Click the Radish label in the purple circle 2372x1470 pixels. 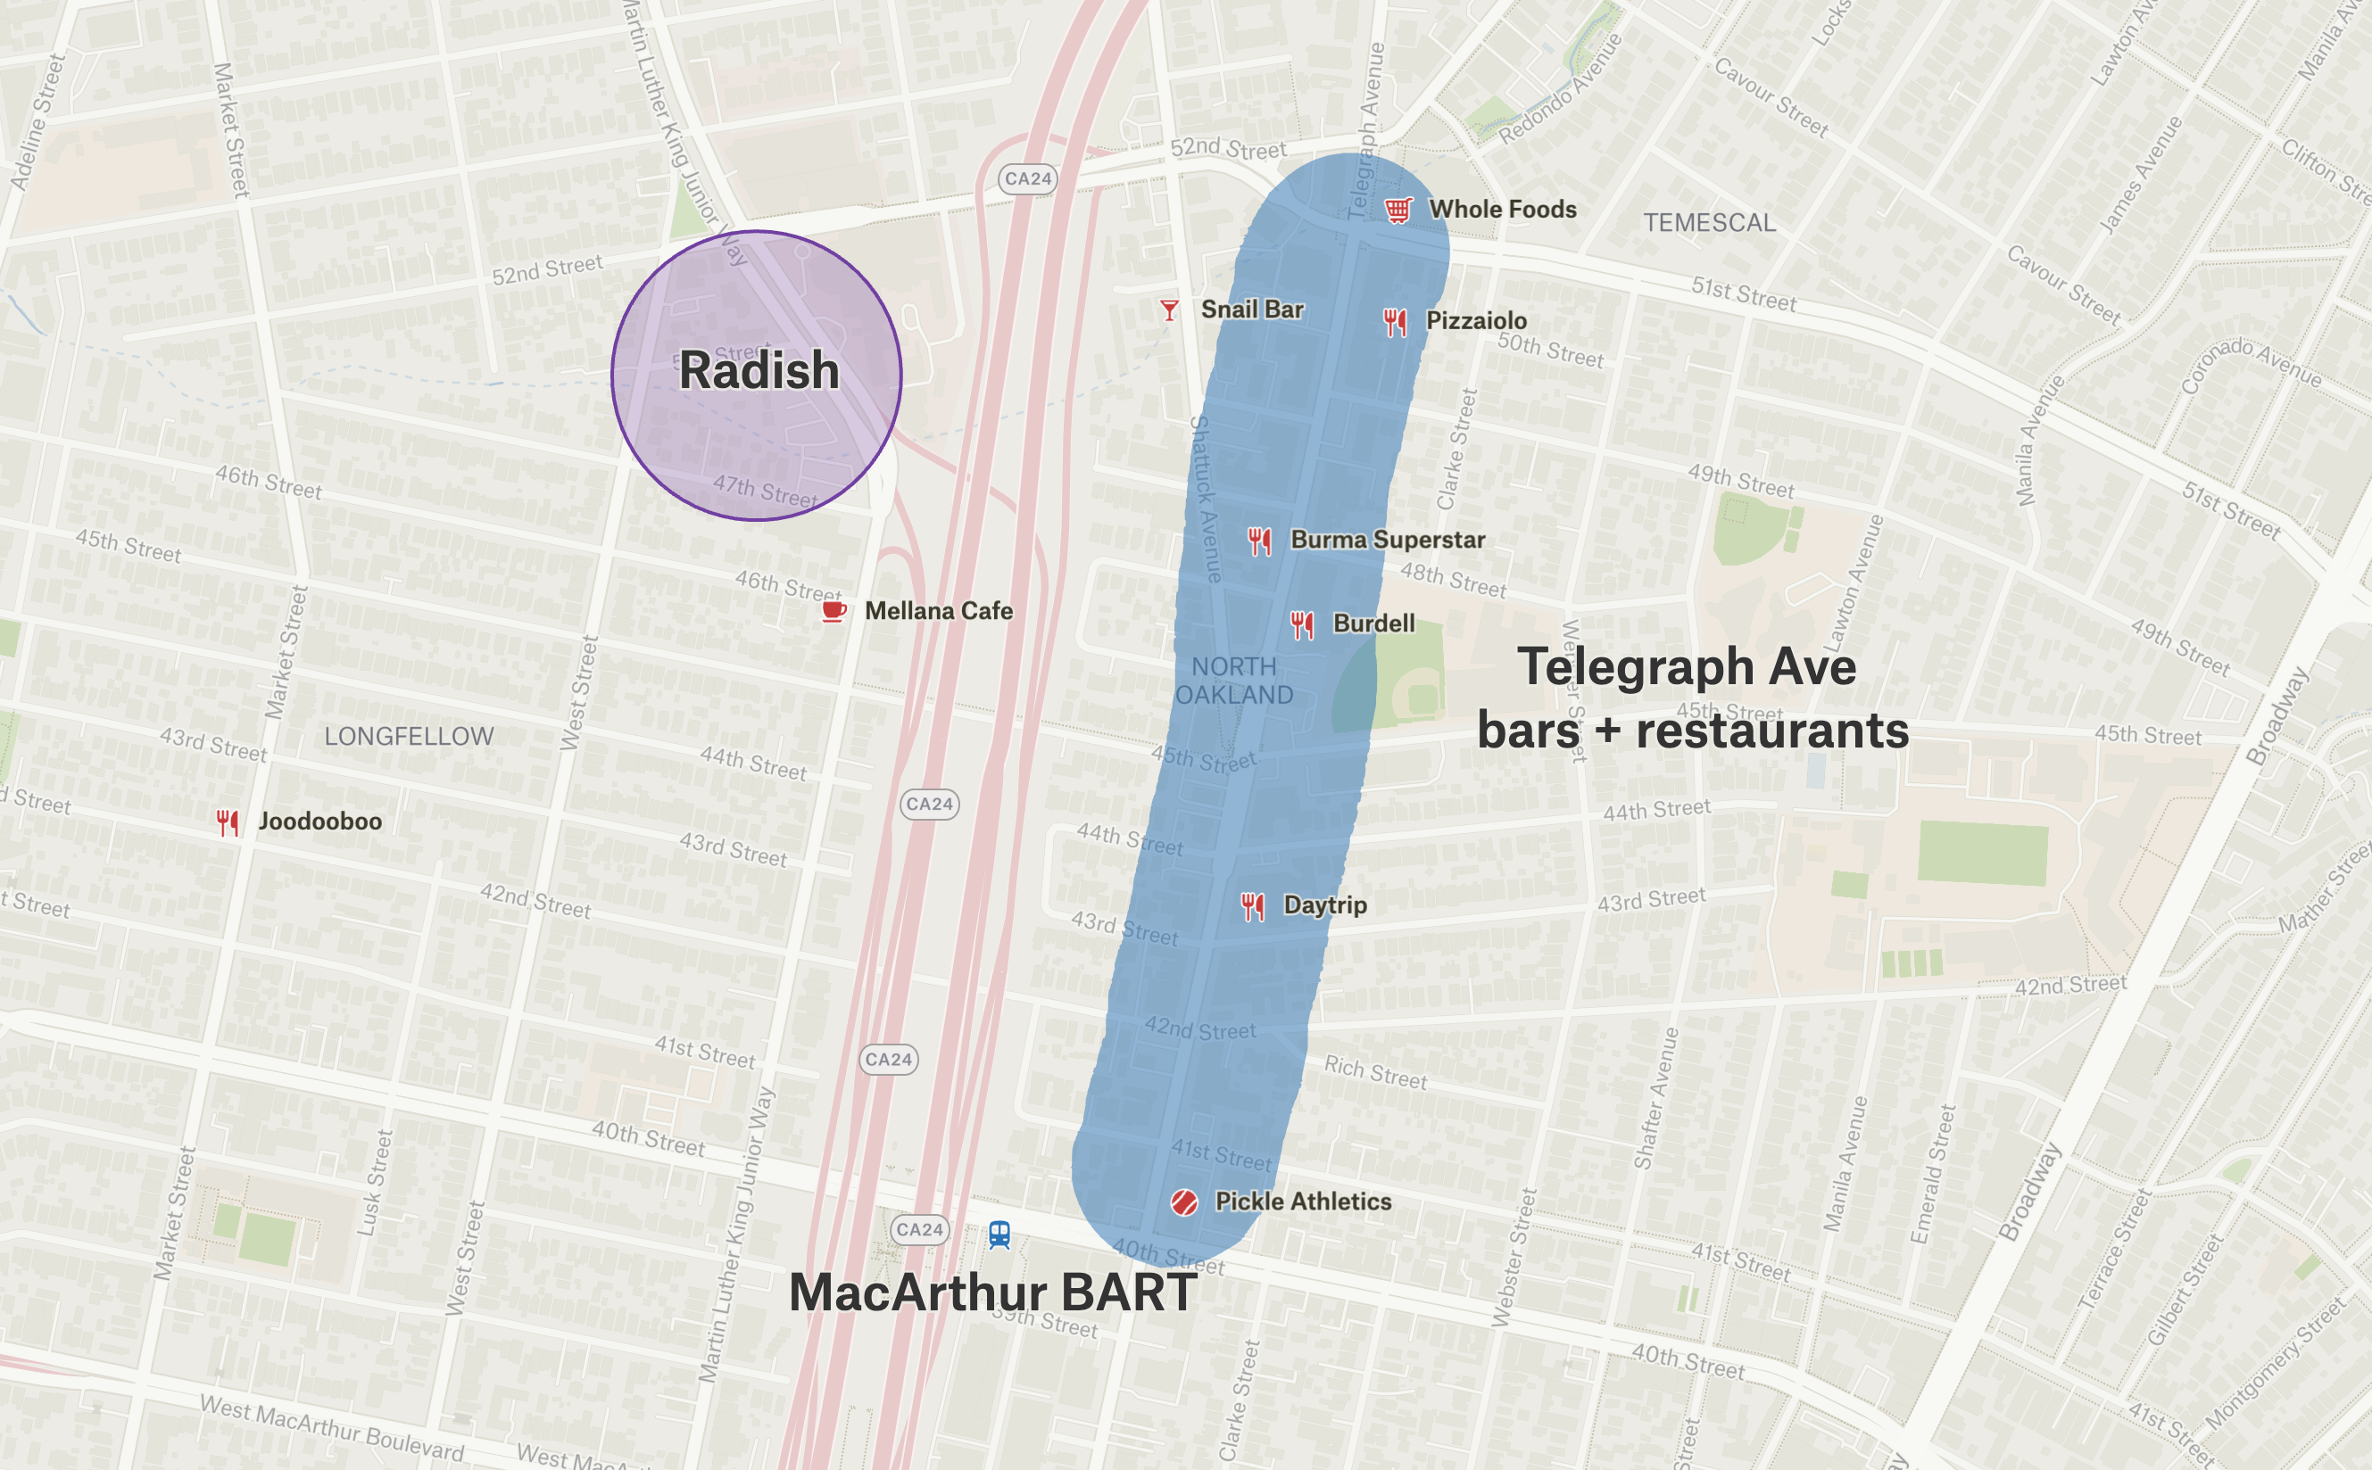tap(759, 370)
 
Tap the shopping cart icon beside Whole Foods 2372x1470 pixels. tap(1397, 209)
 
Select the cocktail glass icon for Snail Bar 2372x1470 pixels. tap(1169, 310)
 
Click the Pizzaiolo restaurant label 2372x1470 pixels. tap(1475, 321)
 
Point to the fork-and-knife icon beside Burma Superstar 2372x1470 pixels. tap(1259, 541)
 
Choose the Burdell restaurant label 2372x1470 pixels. tap(1373, 624)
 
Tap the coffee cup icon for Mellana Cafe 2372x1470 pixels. tap(834, 610)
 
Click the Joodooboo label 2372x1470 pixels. tap(320, 822)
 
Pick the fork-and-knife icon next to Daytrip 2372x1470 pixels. tap(1253, 906)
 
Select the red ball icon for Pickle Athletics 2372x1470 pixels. tap(1183, 1202)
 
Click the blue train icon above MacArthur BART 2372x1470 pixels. tap(999, 1235)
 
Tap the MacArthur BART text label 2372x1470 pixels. tap(992, 1293)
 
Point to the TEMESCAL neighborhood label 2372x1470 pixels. tap(1710, 223)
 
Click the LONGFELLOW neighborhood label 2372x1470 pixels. tap(409, 737)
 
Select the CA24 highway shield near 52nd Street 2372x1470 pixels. tap(1027, 179)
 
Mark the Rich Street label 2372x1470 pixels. tap(1375, 1071)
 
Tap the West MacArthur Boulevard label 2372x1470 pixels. tap(332, 1427)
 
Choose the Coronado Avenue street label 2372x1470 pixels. tap(2251, 365)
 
